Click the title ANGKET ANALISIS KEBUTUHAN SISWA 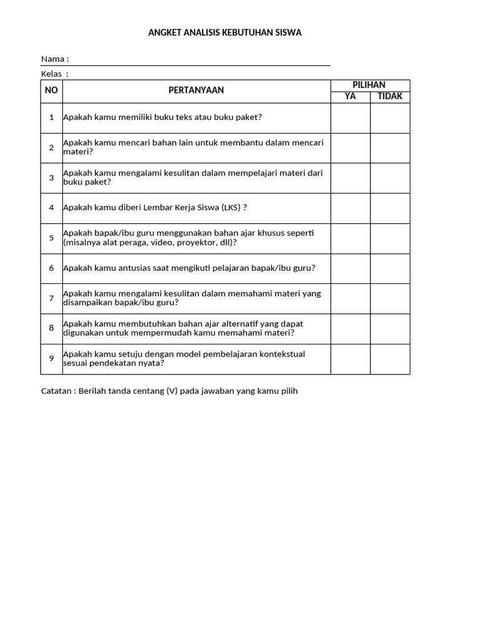pyautogui.click(x=225, y=32)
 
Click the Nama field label pyautogui.click(x=54, y=59)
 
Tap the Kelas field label pyautogui.click(x=54, y=74)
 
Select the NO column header pyautogui.click(x=51, y=90)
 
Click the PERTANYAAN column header pyautogui.click(x=196, y=90)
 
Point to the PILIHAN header pyautogui.click(x=369, y=85)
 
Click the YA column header pyautogui.click(x=350, y=97)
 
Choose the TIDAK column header pyautogui.click(x=390, y=97)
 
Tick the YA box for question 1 pyautogui.click(x=350, y=118)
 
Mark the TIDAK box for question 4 pyautogui.click(x=390, y=208)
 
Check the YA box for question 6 pyautogui.click(x=350, y=268)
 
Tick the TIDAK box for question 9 pyautogui.click(x=390, y=359)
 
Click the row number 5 pyautogui.click(x=51, y=238)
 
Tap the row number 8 pyautogui.click(x=51, y=328)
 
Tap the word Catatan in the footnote pyautogui.click(x=57, y=391)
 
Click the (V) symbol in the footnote pyautogui.click(x=172, y=391)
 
